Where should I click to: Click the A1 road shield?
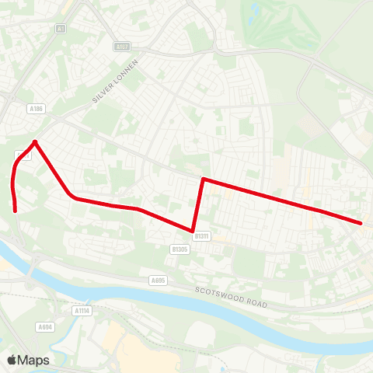[x=61, y=29]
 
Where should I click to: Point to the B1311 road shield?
[x=203, y=235]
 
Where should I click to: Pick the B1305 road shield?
[x=180, y=249]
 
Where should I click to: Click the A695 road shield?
[x=159, y=281]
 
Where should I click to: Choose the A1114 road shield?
[x=82, y=311]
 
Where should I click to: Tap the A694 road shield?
[x=46, y=328]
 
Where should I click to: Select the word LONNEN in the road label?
[x=128, y=71]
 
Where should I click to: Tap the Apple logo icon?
[x=12, y=360]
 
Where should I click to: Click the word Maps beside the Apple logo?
[x=34, y=360]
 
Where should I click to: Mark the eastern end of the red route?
[x=361, y=224]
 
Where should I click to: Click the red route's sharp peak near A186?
[x=34, y=141]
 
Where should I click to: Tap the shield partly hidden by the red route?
[x=22, y=155]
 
